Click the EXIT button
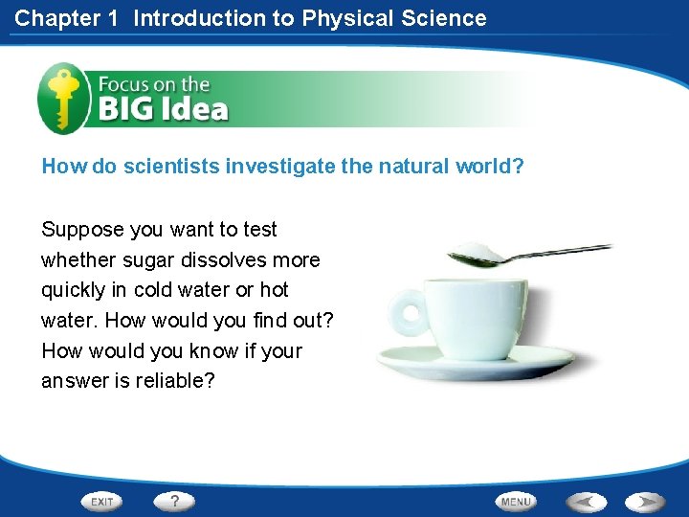point(102,502)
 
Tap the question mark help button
point(175,501)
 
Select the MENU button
point(515,502)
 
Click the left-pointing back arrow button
point(588,502)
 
